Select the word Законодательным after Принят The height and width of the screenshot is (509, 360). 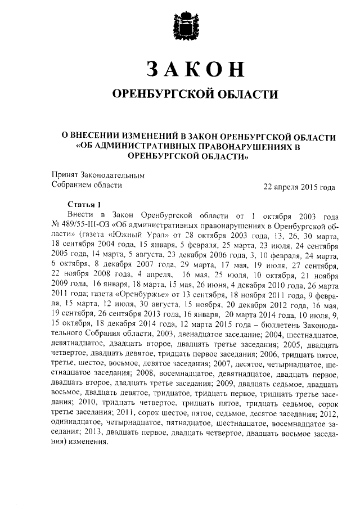112,175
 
